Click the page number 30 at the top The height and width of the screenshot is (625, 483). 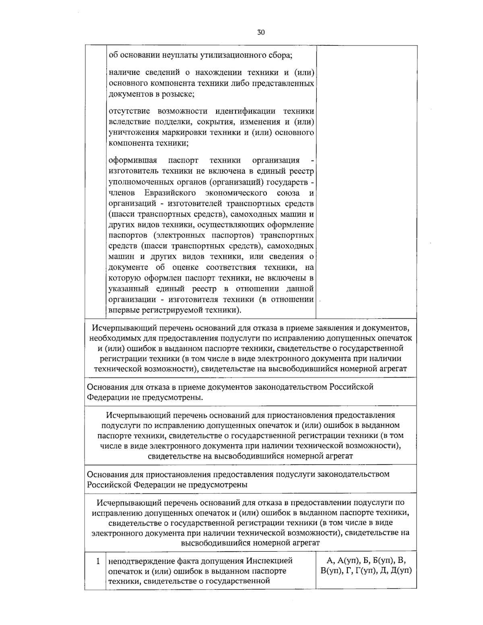[261, 33]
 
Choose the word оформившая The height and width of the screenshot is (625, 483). [128, 160]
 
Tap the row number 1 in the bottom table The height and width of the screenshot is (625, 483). [98, 561]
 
